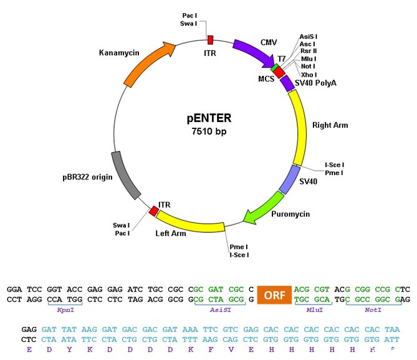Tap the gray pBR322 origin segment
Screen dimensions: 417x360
click(125, 176)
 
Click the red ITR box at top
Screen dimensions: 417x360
click(210, 40)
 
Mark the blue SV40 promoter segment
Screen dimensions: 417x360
click(290, 179)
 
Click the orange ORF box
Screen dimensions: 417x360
click(274, 295)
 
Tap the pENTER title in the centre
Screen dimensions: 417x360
click(209, 118)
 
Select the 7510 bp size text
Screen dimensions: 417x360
click(209, 131)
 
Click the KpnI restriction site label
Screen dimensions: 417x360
click(65, 310)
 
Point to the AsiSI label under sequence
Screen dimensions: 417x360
click(220, 310)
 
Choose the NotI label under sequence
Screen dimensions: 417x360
click(373, 310)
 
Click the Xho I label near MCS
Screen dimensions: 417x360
click(309, 75)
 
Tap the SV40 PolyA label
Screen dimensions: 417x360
click(315, 83)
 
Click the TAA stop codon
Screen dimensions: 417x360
click(392, 329)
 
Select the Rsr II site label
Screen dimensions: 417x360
click(309, 51)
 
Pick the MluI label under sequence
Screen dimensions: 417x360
click(314, 310)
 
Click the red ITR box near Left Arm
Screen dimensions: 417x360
click(154, 211)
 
